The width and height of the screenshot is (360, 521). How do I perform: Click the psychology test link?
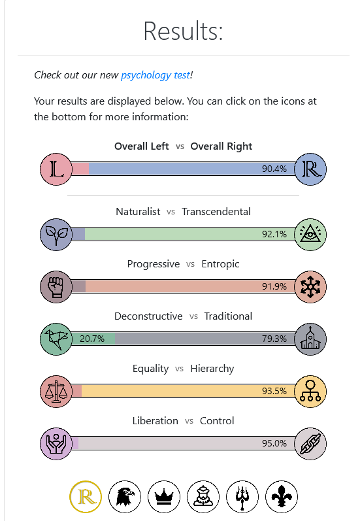155,75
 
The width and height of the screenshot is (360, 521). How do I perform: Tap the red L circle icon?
56,169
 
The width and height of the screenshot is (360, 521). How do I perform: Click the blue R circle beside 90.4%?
310,169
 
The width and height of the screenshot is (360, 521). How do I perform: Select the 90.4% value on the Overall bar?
274,169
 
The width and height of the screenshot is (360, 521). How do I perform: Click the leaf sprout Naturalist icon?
56,235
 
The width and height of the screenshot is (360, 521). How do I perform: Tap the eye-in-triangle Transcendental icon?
310,235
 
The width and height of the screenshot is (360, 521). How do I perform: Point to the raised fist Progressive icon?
56,287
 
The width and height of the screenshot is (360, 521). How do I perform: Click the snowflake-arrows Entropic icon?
310,287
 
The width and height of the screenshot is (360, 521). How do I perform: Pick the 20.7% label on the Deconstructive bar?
92,339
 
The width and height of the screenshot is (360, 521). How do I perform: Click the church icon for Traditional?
310,339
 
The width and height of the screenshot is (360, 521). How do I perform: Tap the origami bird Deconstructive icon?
56,339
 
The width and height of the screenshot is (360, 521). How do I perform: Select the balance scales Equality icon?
56,392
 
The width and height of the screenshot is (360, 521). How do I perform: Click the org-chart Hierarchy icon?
310,392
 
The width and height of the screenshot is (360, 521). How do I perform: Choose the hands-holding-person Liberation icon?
56,444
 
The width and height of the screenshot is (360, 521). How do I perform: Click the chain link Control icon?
310,444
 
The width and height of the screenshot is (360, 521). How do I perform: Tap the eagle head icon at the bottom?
125,497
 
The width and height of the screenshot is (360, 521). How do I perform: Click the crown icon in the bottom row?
164,497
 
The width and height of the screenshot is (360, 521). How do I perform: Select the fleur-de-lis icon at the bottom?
282,497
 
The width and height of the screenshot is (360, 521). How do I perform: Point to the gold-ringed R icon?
86,497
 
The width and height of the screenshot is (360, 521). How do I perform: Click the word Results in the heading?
183,31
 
